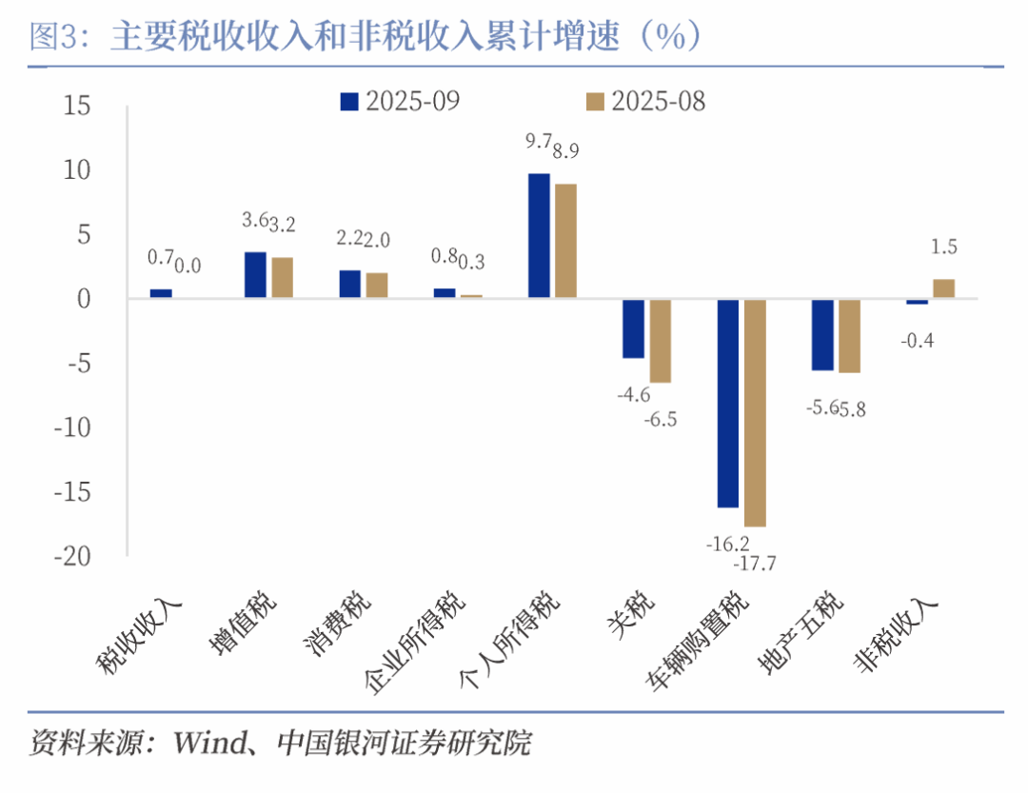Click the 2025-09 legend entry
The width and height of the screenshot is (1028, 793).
[400, 101]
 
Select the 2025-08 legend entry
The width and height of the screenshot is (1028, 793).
[646, 101]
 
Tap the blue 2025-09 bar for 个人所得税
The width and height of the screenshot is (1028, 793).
[539, 236]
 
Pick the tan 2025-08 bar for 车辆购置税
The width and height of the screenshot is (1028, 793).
[756, 413]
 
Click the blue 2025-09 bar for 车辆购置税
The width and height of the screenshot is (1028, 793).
[728, 404]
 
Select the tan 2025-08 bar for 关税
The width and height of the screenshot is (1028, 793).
[661, 341]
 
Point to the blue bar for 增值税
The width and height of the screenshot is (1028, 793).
[255, 275]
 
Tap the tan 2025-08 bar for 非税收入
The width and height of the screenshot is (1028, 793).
[943, 288]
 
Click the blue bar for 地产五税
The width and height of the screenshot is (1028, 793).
[822, 335]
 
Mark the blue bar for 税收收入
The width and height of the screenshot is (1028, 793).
[161, 294]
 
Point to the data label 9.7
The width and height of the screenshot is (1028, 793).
[539, 142]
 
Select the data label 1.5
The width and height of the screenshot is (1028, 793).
[943, 248]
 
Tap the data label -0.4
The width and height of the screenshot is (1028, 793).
[918, 339]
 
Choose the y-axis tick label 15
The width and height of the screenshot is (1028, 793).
[77, 106]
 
